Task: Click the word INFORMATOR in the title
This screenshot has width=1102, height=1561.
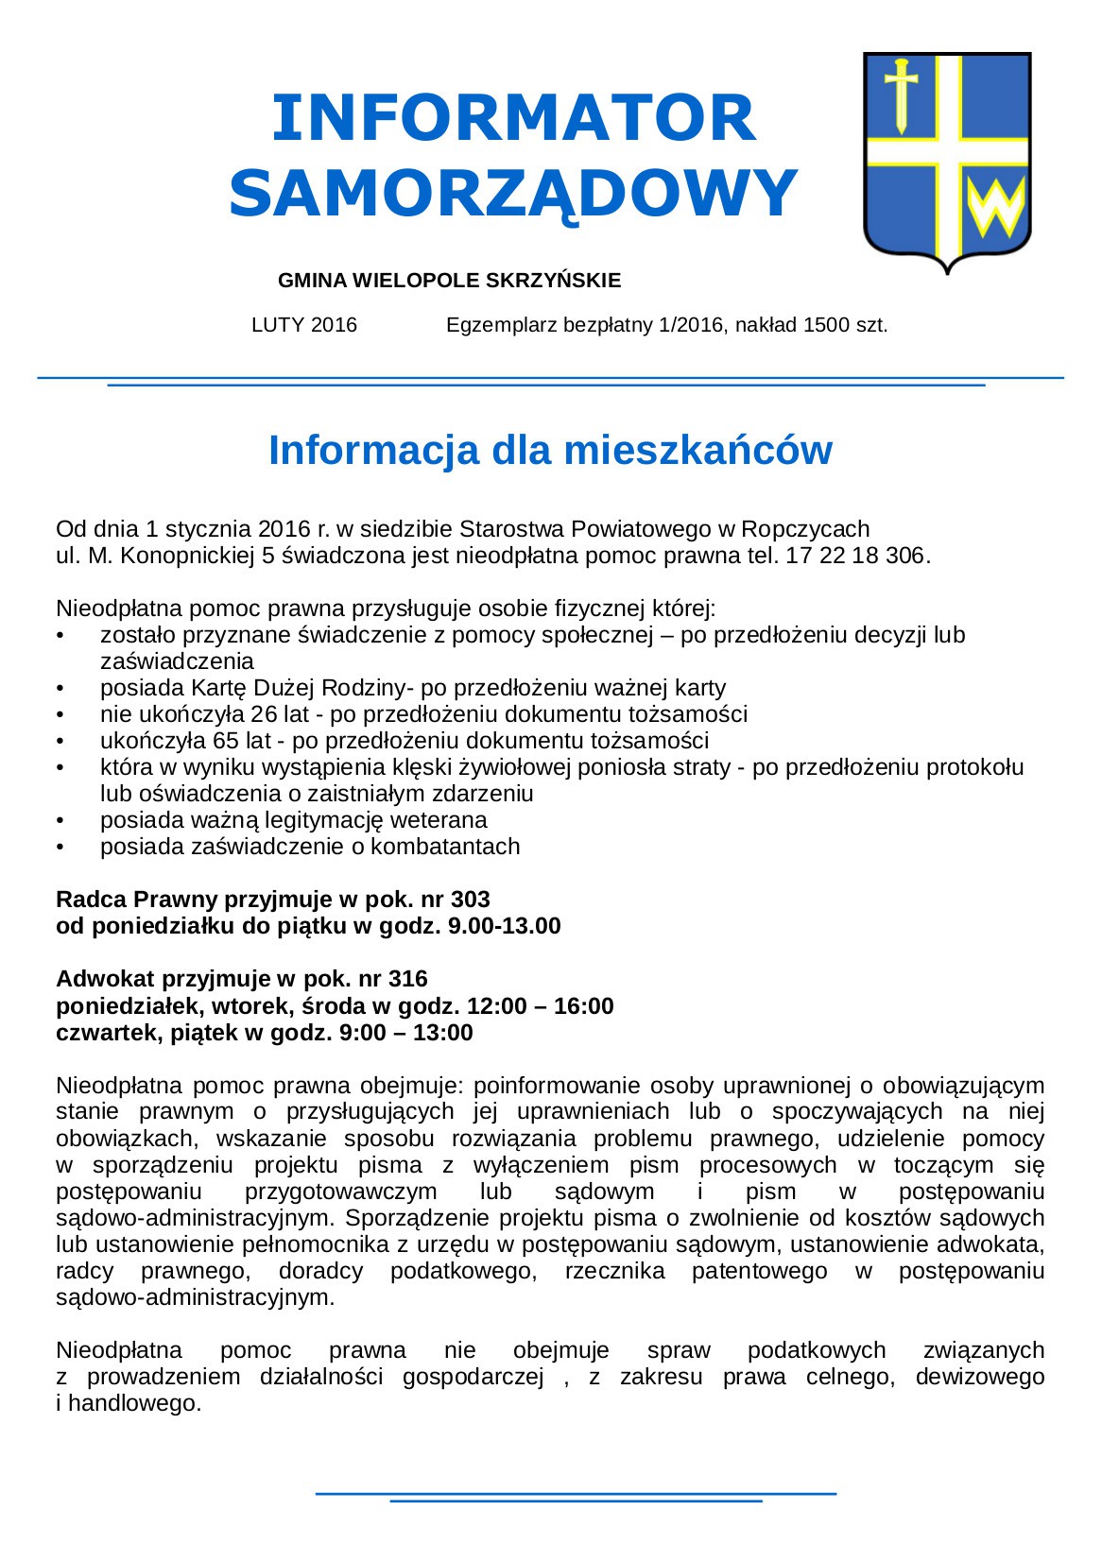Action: pos(513,118)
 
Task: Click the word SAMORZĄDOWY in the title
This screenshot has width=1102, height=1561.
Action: pos(513,194)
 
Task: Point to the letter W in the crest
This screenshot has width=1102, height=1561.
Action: pos(995,209)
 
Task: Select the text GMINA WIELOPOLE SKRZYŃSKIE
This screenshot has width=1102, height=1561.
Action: pos(449,281)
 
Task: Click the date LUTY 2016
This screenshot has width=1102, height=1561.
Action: pos(304,325)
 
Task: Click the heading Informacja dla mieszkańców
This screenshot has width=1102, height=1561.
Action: pos(550,450)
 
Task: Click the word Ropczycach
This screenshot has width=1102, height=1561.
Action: pos(806,528)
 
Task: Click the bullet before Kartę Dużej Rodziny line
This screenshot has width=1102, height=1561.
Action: pos(60,688)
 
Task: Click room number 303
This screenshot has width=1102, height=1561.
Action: pos(470,899)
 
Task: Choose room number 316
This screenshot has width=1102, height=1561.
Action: pos(407,978)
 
